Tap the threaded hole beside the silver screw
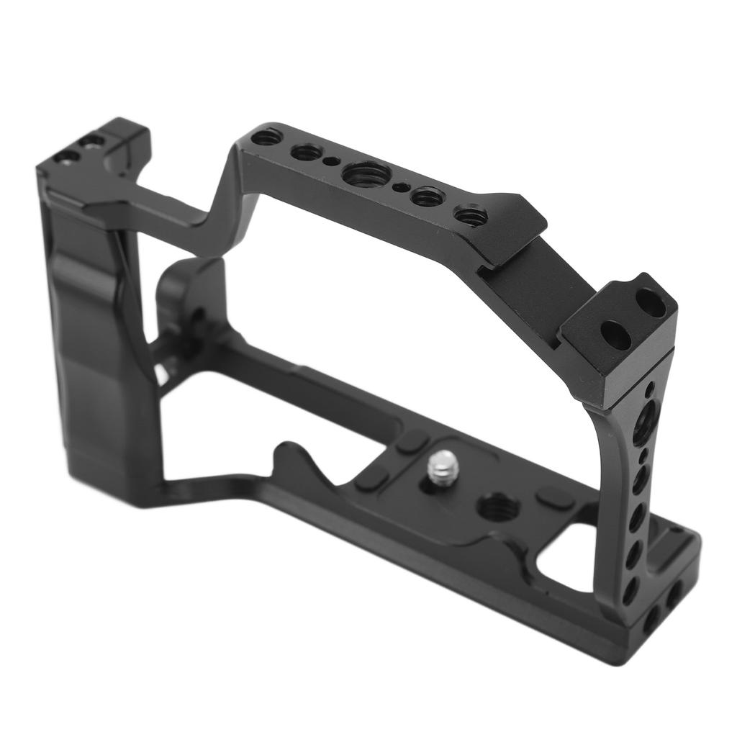498,508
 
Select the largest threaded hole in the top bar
366,173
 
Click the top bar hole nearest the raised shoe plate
471,214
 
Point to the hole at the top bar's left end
267,136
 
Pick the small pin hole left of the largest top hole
330,161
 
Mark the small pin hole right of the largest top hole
401,188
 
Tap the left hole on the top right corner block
615,335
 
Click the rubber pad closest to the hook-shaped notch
371,477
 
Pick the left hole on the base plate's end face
652,618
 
